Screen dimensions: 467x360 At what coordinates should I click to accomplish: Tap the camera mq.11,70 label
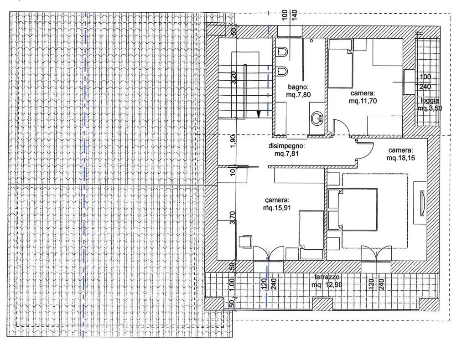363,97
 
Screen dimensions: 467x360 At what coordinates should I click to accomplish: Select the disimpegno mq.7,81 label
286,150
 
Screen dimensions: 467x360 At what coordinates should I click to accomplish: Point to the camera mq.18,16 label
400,154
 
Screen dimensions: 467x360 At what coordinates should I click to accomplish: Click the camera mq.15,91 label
277,204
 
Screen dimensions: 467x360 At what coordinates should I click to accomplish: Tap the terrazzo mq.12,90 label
327,281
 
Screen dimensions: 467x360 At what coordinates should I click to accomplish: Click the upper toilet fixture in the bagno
282,52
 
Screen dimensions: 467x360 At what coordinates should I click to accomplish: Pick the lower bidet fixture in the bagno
282,71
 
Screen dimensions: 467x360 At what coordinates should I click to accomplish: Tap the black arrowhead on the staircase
259,113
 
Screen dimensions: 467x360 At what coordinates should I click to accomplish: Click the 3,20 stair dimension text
233,78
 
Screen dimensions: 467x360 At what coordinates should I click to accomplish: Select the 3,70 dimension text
233,217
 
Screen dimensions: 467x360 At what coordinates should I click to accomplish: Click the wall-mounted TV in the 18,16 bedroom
422,203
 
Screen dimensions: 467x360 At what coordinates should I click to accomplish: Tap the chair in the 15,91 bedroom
245,241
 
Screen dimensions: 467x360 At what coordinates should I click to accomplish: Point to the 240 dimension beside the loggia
425,87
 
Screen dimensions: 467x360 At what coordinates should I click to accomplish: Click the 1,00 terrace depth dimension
233,284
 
